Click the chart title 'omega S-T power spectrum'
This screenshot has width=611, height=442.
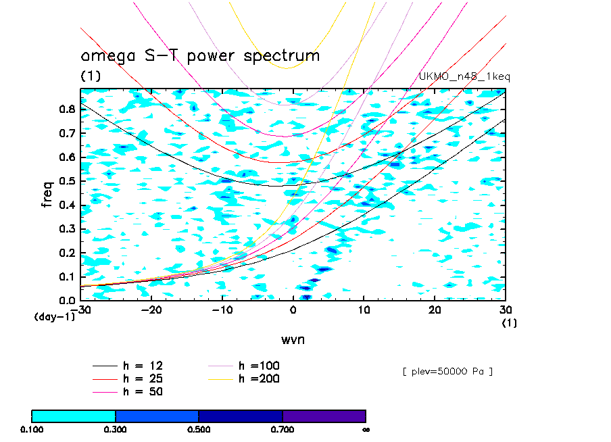pos(200,56)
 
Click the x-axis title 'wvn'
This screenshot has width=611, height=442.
pos(293,339)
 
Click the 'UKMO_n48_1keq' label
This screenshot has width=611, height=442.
pos(465,77)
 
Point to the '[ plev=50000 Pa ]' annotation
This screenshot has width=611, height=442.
pos(447,372)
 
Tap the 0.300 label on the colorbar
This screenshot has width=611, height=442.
pos(116,429)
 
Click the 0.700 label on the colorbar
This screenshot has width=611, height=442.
pos(283,429)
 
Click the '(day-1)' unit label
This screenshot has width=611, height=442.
pos(54,317)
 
